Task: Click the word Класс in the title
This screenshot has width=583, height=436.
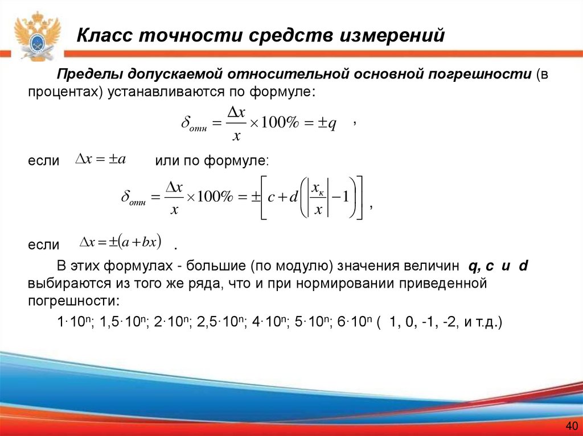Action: tap(104, 36)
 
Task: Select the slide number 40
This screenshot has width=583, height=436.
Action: tap(571, 426)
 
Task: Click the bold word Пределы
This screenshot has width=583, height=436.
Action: tap(88, 74)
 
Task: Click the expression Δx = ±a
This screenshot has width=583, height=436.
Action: tap(101, 160)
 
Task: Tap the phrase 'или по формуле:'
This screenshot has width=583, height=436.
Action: tap(211, 161)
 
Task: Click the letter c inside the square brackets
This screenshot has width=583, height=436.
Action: tap(272, 197)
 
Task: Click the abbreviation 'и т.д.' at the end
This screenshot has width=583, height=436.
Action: tap(481, 323)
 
